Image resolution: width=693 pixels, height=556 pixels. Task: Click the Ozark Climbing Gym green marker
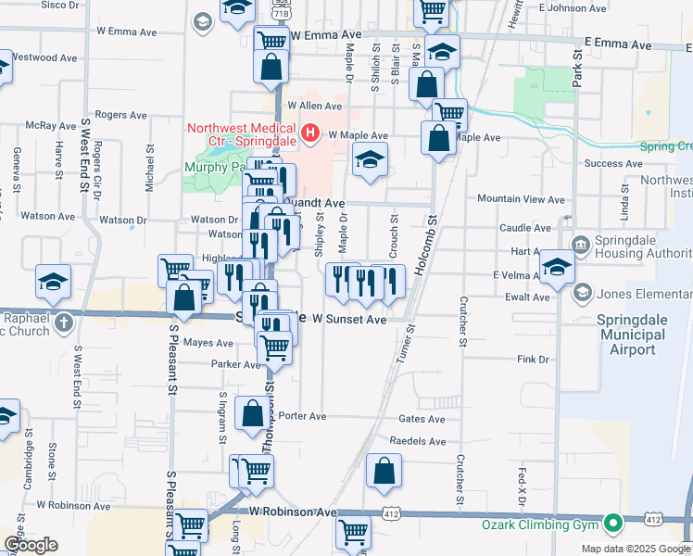tap(611, 524)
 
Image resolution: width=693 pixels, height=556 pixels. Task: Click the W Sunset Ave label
tap(347, 319)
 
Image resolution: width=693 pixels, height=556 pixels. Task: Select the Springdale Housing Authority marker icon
tap(581, 245)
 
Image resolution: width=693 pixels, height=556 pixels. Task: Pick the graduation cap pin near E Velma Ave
tap(557, 265)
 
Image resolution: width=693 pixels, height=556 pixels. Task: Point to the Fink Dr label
tap(534, 359)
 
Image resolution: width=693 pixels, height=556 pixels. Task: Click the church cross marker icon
tap(63, 322)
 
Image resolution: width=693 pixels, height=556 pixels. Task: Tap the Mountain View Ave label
tap(514, 199)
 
